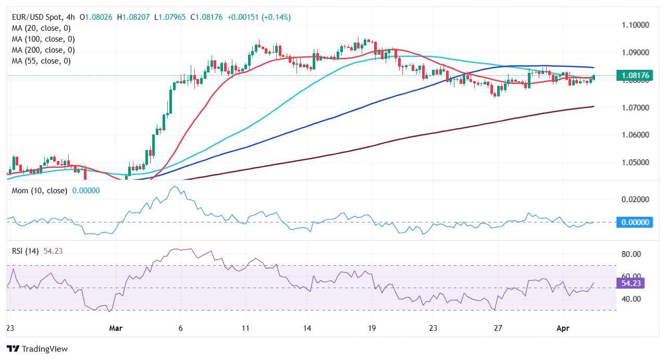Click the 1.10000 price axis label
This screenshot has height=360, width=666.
tap(635, 25)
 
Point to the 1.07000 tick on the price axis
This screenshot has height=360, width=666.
tap(635, 107)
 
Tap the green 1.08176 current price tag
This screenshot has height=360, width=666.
tap(635, 76)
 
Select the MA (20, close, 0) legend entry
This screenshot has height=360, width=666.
tap(41, 28)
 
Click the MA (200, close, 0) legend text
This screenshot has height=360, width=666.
tap(43, 50)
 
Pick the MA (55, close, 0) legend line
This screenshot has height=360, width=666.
tap(41, 61)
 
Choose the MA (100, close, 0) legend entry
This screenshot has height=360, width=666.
tap(43, 39)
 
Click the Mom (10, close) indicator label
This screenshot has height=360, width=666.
tap(40, 191)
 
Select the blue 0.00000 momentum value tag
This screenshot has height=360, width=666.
tap(635, 222)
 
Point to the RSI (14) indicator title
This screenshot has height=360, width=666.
tap(26, 251)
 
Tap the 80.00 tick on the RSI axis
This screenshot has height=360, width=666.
tap(632, 254)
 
